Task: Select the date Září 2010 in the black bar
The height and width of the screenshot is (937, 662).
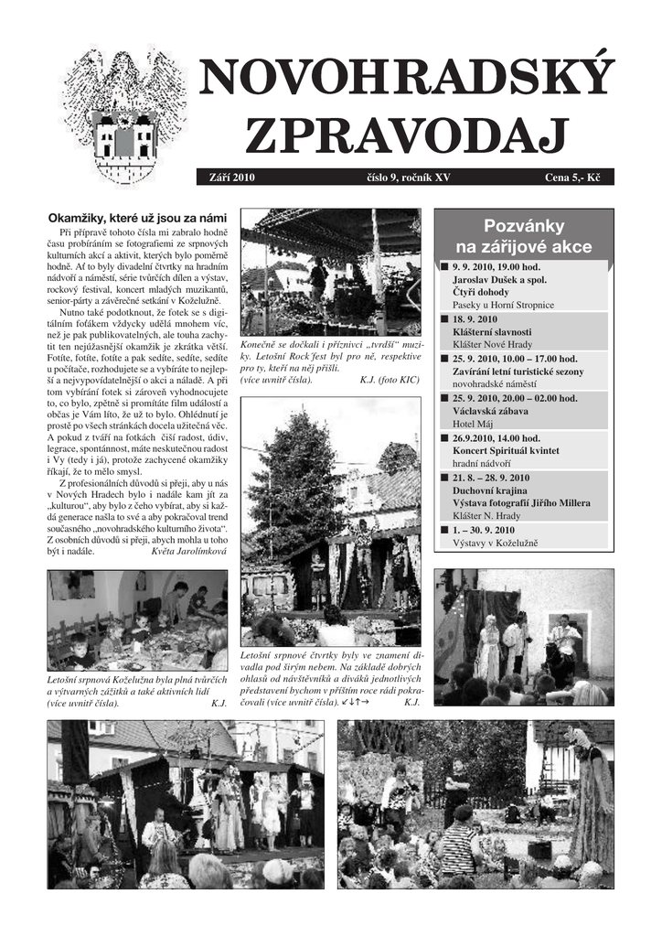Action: [x=232, y=178]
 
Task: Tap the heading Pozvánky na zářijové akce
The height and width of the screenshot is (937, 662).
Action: [x=523, y=236]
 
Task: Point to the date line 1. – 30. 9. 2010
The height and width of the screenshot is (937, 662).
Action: [x=484, y=530]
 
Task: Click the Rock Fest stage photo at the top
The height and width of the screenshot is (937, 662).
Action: [x=330, y=272]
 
